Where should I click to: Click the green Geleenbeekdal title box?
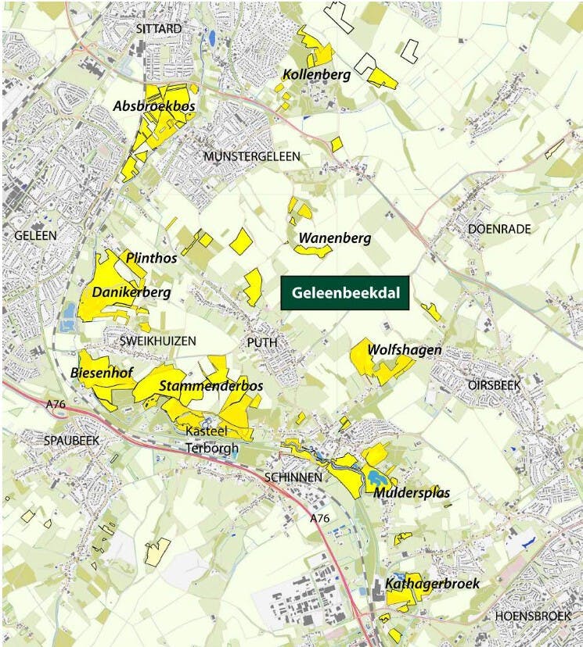pos(345,294)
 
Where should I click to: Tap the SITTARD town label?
pos(158,29)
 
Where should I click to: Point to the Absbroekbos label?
pos(154,105)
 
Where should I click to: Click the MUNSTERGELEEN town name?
pos(251,157)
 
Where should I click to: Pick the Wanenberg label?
pos(333,238)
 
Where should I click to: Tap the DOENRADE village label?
pos(499,229)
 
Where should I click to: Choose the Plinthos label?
pos(149,257)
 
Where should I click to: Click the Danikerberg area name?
pos(131,292)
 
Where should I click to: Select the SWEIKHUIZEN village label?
pos(157,341)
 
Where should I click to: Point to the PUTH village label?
pos(261,342)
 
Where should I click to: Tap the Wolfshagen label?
pos(405,350)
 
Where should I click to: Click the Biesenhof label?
pos(100,374)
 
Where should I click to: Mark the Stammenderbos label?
pos(211,386)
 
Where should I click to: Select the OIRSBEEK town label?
pos(494,385)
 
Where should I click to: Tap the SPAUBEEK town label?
pos(71,441)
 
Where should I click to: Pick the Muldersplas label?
pos(411,492)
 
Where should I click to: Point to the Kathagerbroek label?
pos(432,584)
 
